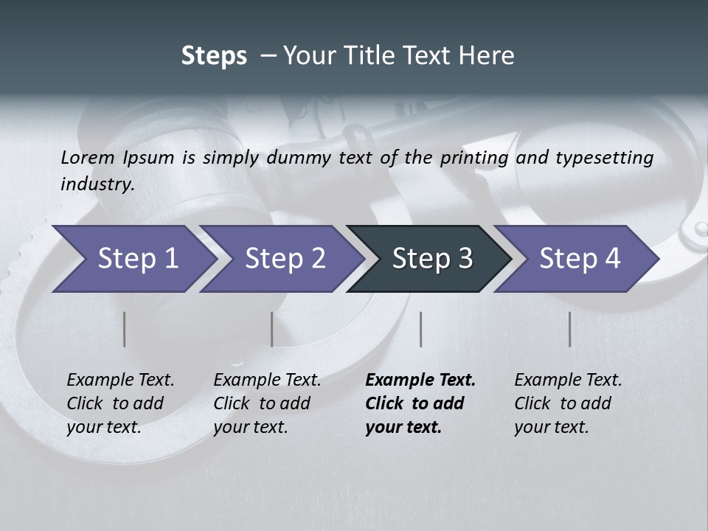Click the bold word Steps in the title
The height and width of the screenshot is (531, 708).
[x=214, y=56]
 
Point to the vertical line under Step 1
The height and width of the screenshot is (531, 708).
[x=125, y=329]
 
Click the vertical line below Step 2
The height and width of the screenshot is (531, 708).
[x=272, y=329]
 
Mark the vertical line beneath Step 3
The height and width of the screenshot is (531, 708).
[x=421, y=329]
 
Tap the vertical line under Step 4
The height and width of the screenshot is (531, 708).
[x=570, y=329]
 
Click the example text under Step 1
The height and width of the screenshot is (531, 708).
[x=120, y=403]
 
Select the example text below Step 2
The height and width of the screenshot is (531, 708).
[x=267, y=403]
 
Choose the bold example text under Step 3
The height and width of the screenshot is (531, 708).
[x=420, y=403]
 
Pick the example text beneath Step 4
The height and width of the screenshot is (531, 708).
[x=568, y=403]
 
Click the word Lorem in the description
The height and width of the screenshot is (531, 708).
[x=88, y=158]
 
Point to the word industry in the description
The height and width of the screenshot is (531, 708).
[x=97, y=184]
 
